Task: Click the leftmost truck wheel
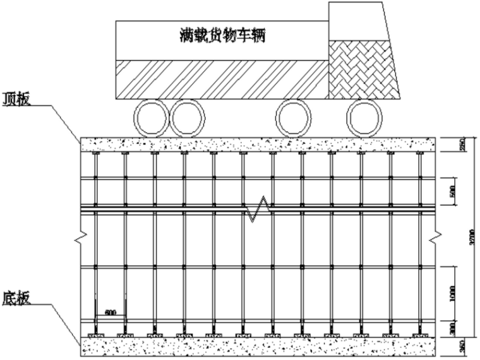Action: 150,119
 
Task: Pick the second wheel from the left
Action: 188,119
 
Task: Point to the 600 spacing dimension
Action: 111,311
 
